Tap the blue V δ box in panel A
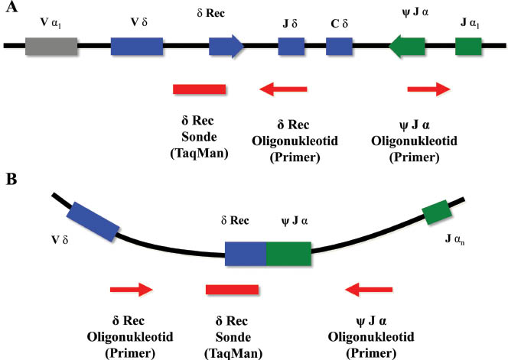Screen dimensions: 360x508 137,47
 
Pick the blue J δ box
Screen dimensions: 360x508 291,47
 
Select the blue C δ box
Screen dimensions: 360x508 339,47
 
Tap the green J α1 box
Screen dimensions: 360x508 468,47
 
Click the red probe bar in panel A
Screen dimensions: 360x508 199,90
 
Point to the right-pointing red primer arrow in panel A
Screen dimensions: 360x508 428,90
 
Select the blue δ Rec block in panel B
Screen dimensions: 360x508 245,253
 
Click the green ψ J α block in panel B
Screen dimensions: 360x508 288,253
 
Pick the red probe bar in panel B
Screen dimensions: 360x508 233,290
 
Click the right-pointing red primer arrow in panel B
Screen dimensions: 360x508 132,290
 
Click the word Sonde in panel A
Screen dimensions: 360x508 200,138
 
